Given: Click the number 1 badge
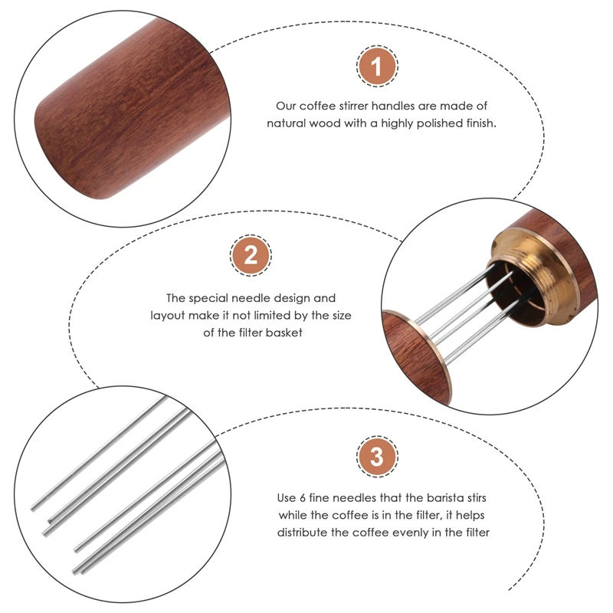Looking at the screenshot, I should coord(376,67).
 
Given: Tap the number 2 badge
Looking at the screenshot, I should coord(251,256).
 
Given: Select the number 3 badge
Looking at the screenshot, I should coord(376,458).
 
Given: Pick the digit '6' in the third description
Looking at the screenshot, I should coord(307,497).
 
